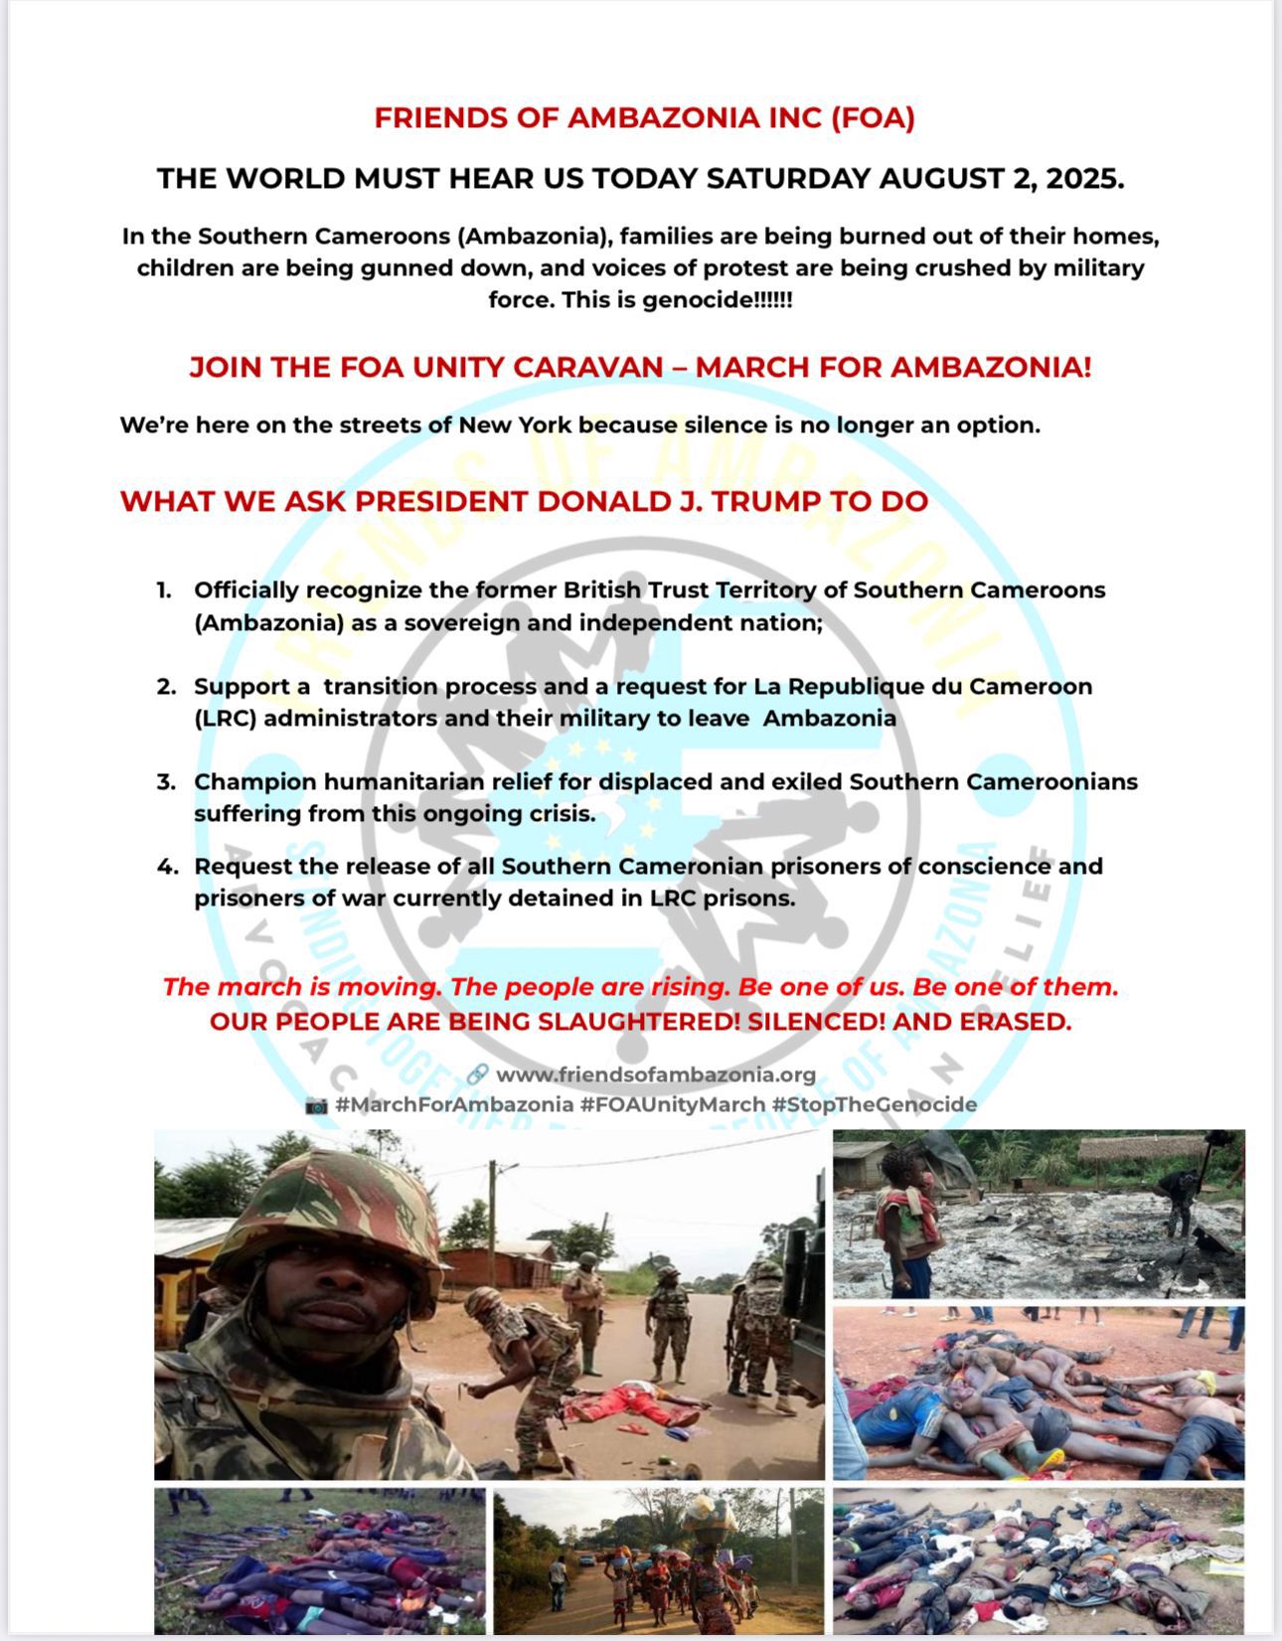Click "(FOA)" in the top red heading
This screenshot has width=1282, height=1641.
pyautogui.click(x=873, y=118)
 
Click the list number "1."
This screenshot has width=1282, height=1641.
pyautogui.click(x=164, y=590)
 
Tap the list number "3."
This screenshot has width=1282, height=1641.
pyautogui.click(x=166, y=782)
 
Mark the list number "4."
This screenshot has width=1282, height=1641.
pyautogui.click(x=167, y=867)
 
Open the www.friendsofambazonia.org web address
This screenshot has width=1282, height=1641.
pyautogui.click(x=656, y=1074)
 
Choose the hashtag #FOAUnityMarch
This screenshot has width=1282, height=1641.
pyautogui.click(x=673, y=1104)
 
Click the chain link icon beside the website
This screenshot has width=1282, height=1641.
pyautogui.click(x=477, y=1074)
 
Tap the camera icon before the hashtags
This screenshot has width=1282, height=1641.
pyautogui.click(x=316, y=1105)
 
